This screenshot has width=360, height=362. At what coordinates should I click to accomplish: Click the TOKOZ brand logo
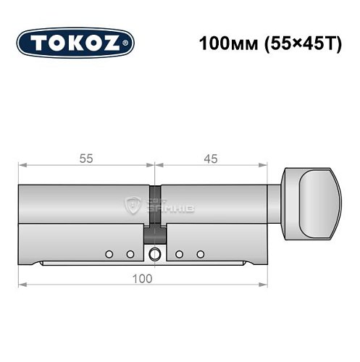pos(75,43)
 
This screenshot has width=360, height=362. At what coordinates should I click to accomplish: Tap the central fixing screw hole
pos(154,254)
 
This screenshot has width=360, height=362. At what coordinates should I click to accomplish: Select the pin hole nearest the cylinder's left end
pos(108,254)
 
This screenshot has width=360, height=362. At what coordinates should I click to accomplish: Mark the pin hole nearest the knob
pos(201,254)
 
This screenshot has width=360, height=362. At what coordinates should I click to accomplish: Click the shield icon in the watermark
pos(135,204)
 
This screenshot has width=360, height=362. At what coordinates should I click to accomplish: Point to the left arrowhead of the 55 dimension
pos(22,167)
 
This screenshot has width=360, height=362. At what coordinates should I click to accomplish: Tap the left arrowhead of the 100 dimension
pos(22,285)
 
